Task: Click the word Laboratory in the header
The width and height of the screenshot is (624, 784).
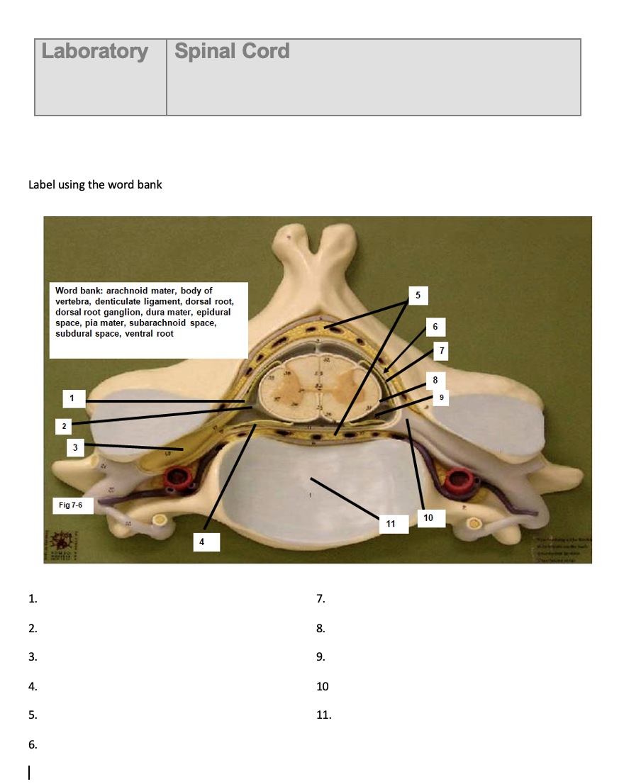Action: (95, 52)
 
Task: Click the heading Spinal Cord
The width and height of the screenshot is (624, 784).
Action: (232, 52)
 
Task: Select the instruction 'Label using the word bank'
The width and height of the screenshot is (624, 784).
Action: (95, 185)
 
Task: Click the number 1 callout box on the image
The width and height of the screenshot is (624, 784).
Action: (72, 398)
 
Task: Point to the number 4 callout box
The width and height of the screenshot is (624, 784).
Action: (201, 542)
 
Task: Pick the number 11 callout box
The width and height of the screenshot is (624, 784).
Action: (391, 524)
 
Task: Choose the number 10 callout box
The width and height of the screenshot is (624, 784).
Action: (428, 518)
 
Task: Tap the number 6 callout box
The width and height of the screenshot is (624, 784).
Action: (435, 327)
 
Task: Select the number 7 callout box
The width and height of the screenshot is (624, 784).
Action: (442, 350)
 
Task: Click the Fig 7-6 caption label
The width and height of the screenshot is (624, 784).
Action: (71, 505)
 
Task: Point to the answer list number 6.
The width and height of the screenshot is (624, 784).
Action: (33, 744)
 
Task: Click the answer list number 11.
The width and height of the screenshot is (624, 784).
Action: (323, 715)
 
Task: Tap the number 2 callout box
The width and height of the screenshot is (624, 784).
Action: (64, 426)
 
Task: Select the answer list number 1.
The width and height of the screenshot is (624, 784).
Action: (33, 599)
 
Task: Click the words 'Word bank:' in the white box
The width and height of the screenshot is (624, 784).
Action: (79, 291)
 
